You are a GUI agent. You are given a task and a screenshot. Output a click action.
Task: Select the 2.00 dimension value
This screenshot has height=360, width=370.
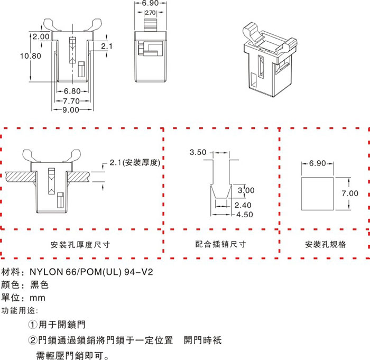tap(40, 36)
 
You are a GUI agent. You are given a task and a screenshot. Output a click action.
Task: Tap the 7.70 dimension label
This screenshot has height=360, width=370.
tap(70, 100)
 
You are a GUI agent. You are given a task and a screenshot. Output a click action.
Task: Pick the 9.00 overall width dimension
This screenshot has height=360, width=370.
tap(70, 110)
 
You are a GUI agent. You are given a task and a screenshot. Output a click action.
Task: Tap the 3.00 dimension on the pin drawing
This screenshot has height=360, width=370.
tap(247, 190)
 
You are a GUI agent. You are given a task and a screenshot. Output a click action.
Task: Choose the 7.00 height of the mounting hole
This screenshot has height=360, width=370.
tap(349, 193)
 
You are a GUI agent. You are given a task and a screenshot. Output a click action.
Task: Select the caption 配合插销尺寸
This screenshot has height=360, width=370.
tap(220, 245)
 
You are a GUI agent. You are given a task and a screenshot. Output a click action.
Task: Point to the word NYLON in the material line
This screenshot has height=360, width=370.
tap(47, 273)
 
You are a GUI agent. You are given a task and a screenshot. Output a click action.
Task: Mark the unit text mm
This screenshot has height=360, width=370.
tap(38, 298)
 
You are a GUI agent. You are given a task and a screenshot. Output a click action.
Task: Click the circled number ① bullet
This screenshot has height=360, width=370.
tap(32, 324)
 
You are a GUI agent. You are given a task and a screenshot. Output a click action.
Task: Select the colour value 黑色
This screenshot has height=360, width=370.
tap(39, 285)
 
